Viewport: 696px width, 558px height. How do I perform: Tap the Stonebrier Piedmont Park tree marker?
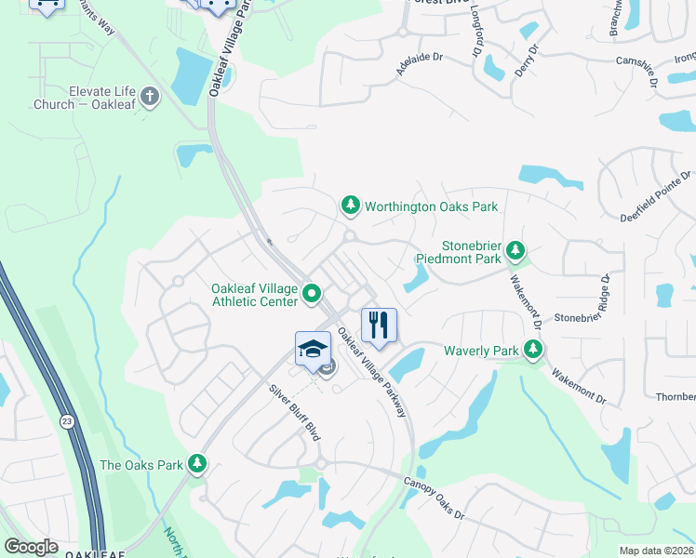[515, 250]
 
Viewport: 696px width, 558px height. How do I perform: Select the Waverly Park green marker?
[533, 351]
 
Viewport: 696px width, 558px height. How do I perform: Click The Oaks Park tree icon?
[196, 463]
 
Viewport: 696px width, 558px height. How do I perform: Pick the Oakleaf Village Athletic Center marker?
[313, 297]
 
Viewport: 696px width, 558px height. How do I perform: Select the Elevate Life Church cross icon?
[151, 96]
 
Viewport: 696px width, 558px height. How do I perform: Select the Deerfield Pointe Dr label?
[656, 197]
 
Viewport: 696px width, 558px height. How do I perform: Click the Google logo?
[31, 547]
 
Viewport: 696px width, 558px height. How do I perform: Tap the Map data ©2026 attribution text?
[656, 551]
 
